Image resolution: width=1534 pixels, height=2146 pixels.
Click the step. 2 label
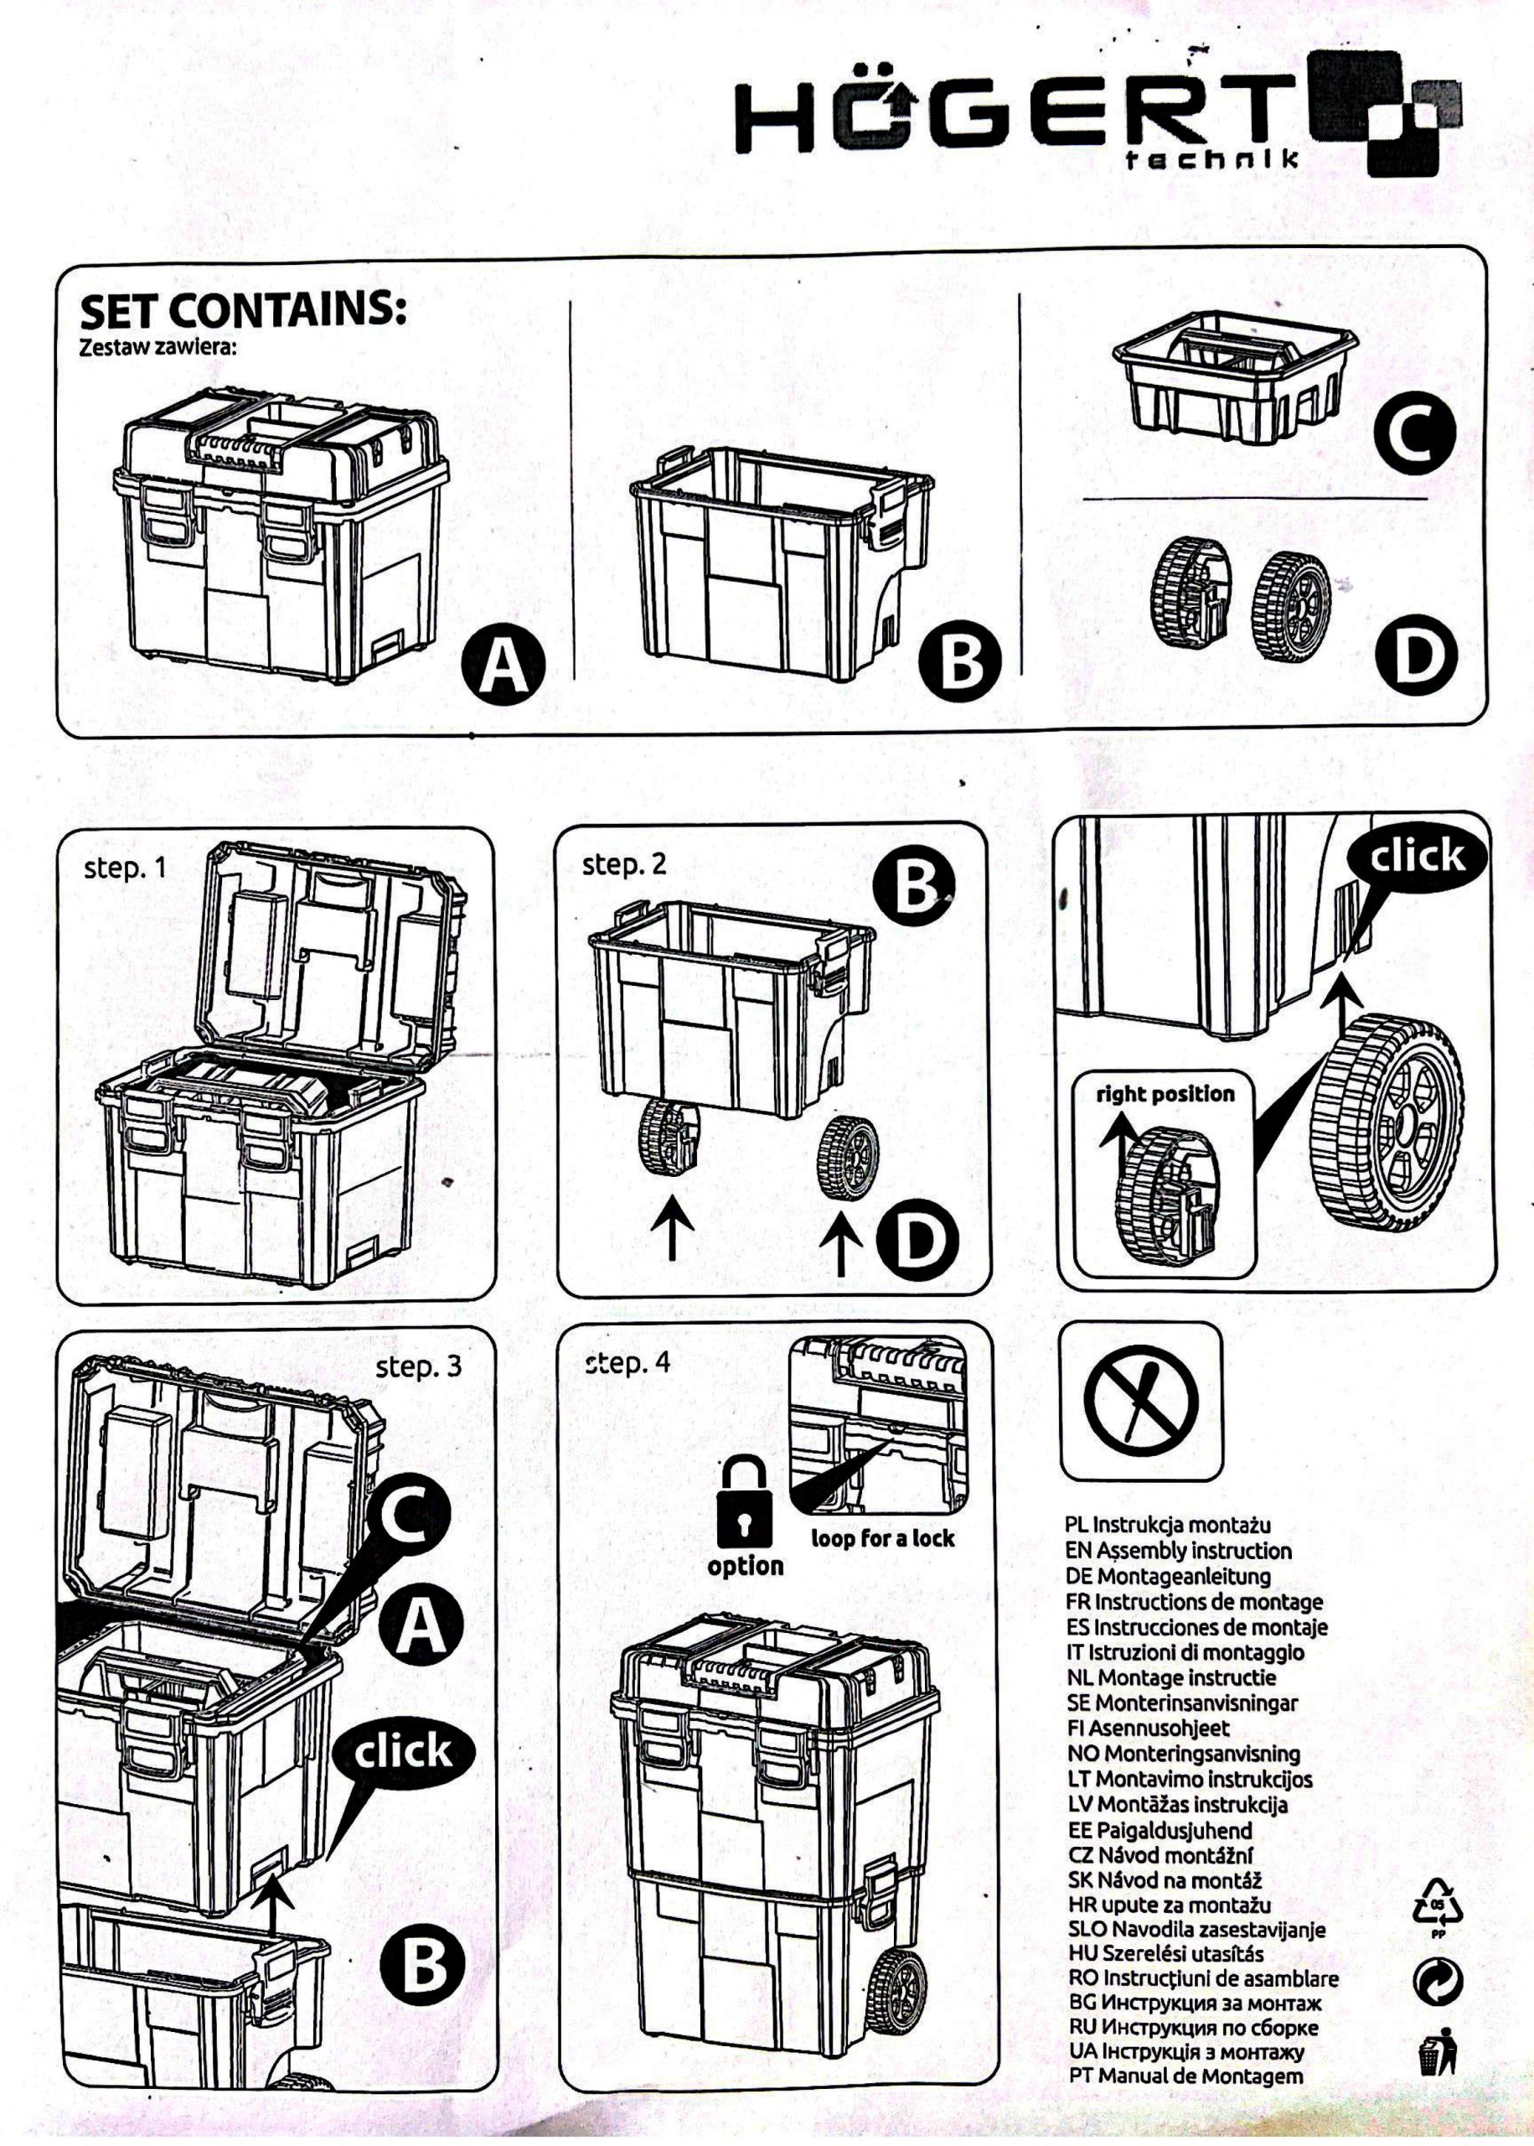click(x=624, y=864)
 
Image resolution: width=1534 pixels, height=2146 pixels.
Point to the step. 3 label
click(x=418, y=1366)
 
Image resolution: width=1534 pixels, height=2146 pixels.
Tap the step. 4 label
click(x=628, y=1363)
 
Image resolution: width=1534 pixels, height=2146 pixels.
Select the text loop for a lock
click(x=882, y=1538)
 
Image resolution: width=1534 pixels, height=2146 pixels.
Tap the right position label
click(x=1165, y=1094)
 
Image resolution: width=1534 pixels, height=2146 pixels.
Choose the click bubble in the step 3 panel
click(x=402, y=1752)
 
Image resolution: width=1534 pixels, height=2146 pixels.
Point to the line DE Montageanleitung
click(x=1170, y=1576)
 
